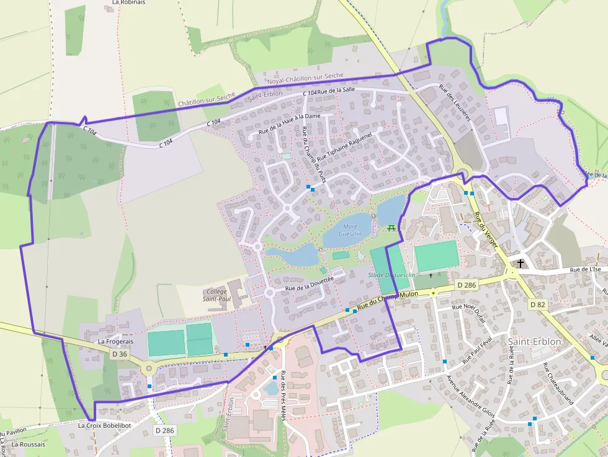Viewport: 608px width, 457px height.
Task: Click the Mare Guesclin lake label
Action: (x=351, y=229)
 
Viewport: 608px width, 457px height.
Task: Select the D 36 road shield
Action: (x=119, y=354)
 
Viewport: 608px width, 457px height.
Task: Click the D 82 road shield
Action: (x=537, y=304)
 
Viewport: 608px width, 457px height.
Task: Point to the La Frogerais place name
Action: (x=115, y=341)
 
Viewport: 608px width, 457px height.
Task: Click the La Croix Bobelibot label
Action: (x=104, y=426)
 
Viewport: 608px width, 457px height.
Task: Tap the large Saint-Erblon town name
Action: (x=534, y=342)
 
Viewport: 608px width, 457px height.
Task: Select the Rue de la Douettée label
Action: (x=309, y=284)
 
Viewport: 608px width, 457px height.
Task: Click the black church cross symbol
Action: (x=520, y=264)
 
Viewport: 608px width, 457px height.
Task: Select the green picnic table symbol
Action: (x=391, y=228)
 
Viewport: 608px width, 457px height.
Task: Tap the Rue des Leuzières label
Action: (x=455, y=102)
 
